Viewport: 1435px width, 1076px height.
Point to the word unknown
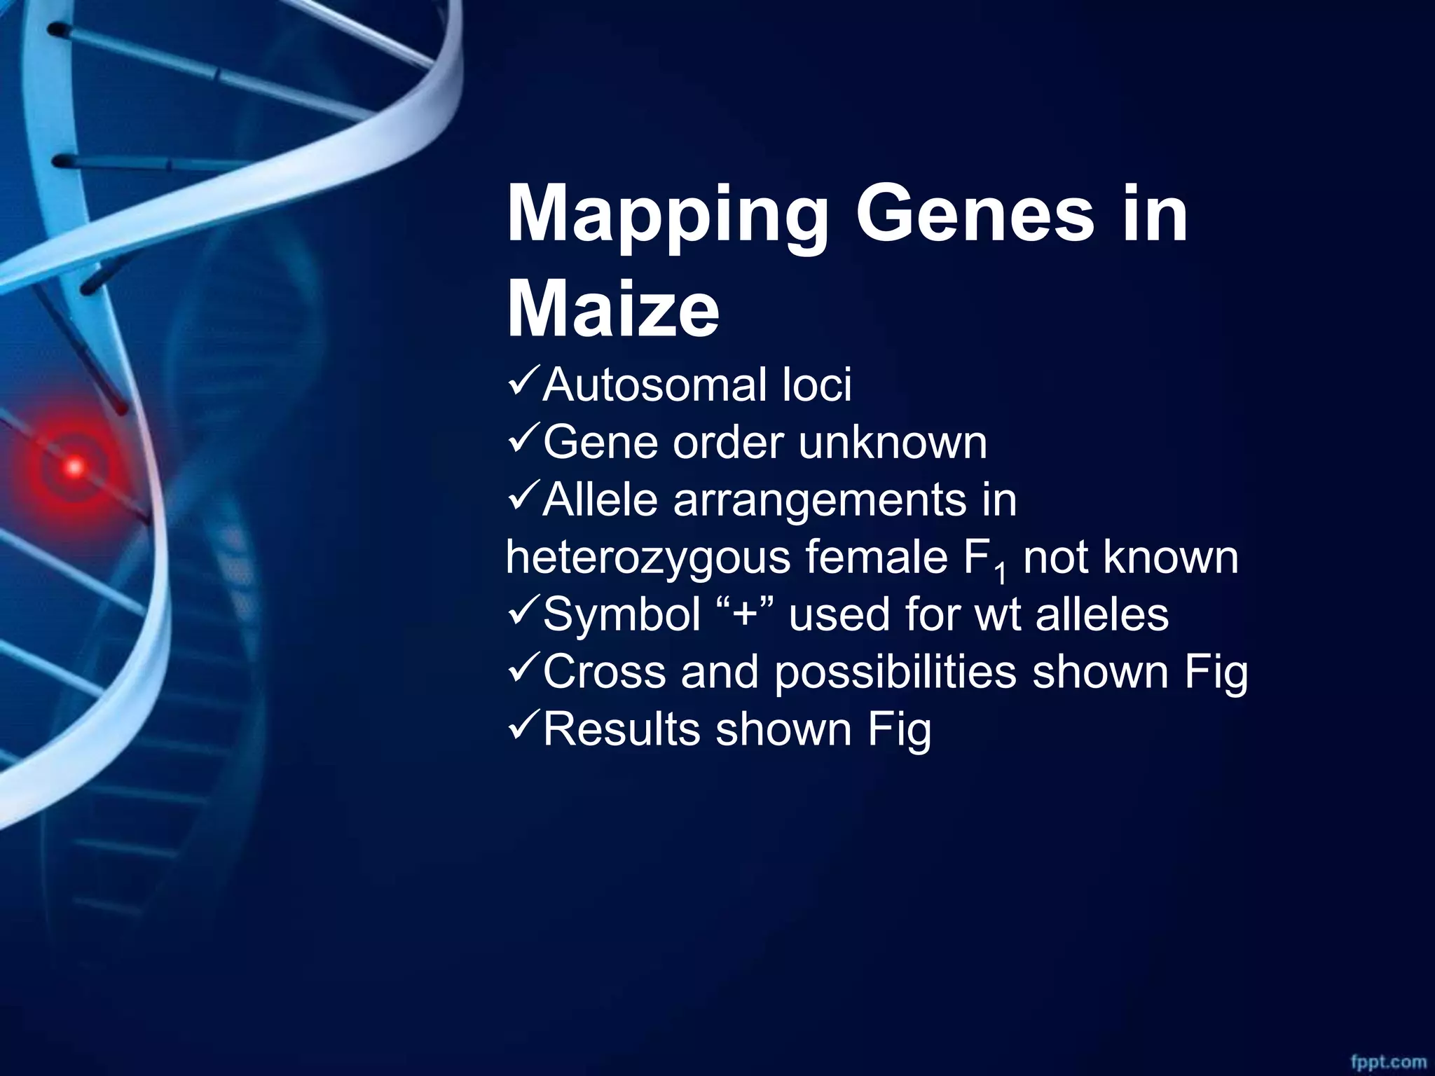coord(892,443)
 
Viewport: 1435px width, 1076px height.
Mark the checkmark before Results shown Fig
coord(522,729)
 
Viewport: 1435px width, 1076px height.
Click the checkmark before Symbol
coord(522,614)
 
